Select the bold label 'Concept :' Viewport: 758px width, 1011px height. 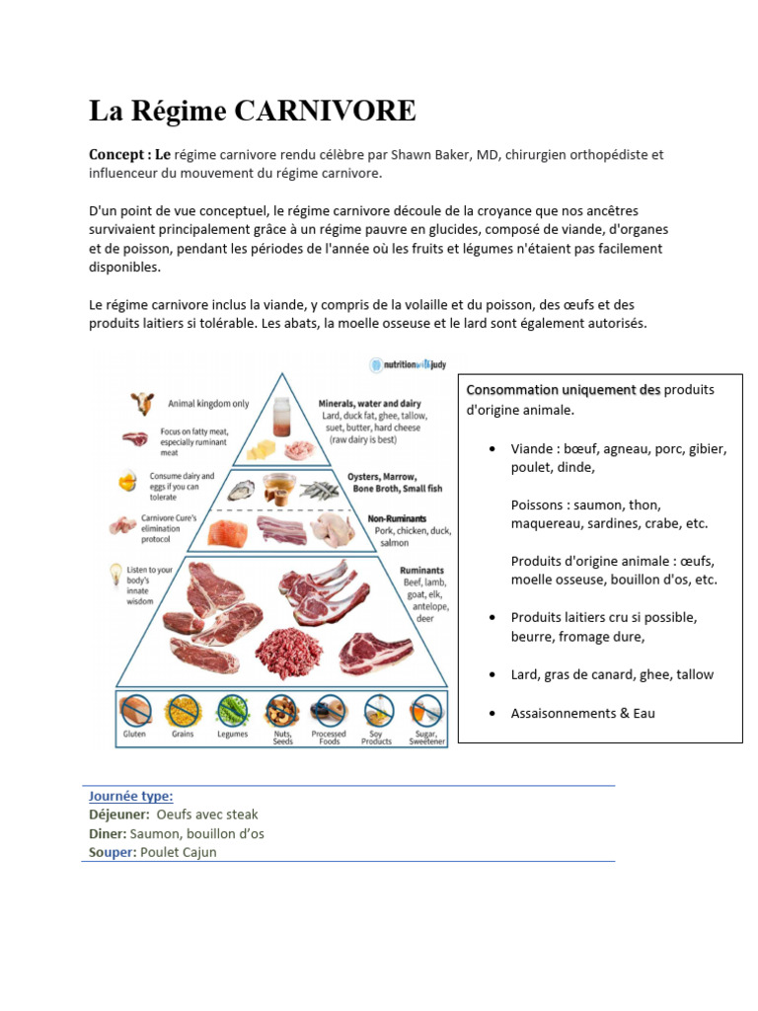coord(119,155)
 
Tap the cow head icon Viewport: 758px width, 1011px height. coord(142,403)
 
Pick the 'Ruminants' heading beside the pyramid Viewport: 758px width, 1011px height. coord(421,570)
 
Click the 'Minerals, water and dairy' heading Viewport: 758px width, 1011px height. coord(369,404)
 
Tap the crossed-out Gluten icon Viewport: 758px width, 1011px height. coord(134,711)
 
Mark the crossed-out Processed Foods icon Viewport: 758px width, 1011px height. coord(328,711)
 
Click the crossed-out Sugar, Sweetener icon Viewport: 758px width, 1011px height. coord(426,711)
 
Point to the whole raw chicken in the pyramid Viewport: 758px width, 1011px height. coord(333,528)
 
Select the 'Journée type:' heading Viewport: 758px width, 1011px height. coord(130,796)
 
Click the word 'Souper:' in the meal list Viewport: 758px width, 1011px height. coord(110,852)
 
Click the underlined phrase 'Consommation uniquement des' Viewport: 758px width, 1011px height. coord(563,390)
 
